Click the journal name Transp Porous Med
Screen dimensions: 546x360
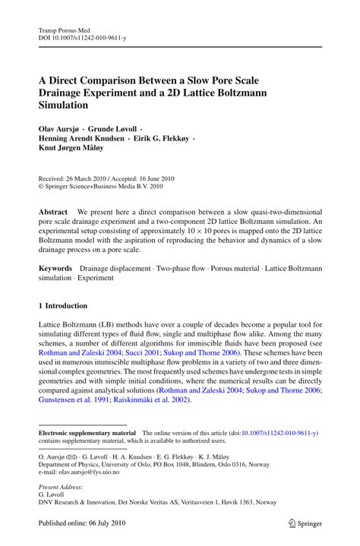coord(63,25)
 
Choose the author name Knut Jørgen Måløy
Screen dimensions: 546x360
coord(73,150)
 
